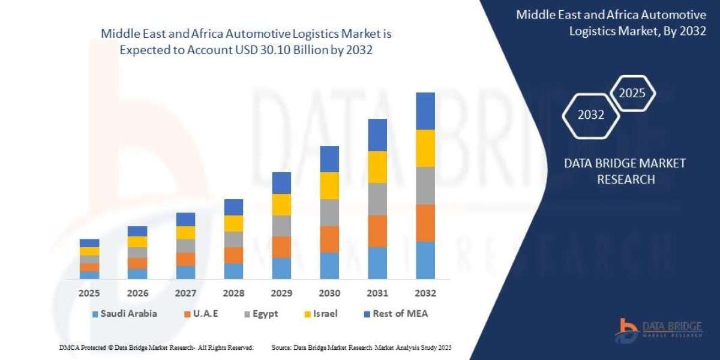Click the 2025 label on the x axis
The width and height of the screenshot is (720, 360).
89,293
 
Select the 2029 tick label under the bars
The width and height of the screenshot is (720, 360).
281,293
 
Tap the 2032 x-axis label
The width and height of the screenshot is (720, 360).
425,293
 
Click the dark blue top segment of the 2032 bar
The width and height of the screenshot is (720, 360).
425,111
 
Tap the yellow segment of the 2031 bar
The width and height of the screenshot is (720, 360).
377,167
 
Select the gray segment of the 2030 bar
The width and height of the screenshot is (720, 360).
329,212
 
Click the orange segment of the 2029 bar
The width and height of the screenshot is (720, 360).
281,247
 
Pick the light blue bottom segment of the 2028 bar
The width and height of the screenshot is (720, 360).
233,271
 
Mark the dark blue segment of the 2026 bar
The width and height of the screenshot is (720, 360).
137,231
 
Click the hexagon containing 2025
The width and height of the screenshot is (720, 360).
632,93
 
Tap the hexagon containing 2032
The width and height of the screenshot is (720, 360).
590,115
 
